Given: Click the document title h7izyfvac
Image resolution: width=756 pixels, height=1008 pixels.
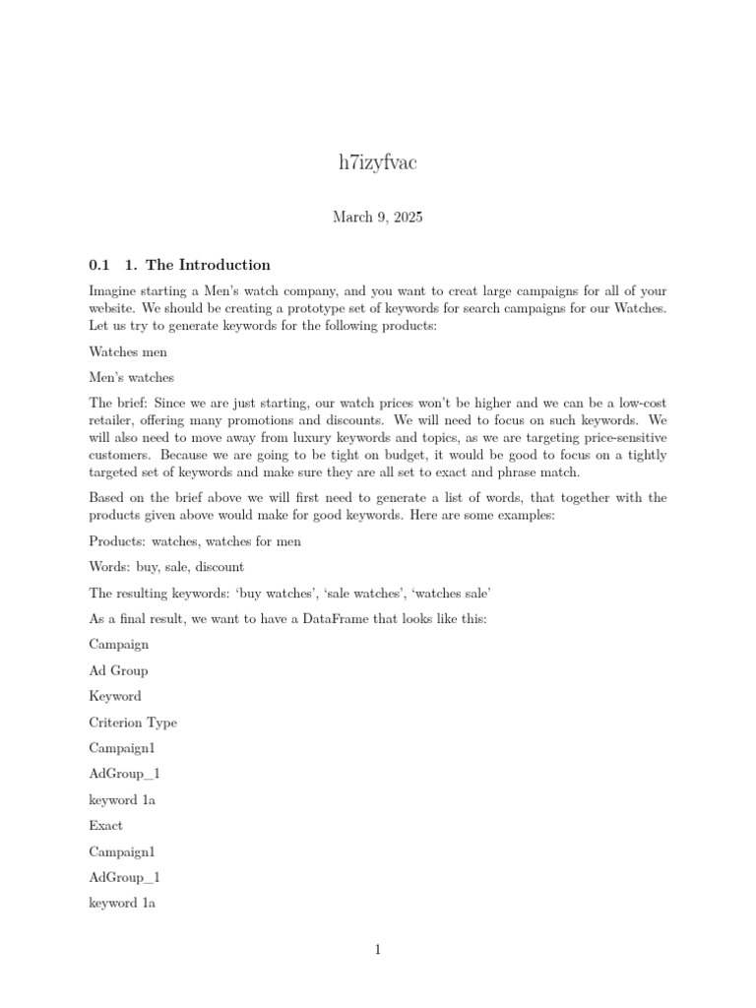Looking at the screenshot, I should coord(377,163).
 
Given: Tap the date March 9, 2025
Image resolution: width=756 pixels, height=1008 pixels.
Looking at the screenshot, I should coord(377,217).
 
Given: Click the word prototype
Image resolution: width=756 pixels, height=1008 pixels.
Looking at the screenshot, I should coord(304,308).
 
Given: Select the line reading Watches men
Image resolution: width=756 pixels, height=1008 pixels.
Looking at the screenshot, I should coord(128,351).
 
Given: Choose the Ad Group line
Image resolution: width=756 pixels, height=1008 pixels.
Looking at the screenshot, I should coord(118,670).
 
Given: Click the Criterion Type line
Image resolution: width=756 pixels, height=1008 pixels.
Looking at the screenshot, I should coord(133,723).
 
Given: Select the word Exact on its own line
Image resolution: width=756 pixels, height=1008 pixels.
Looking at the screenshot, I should coord(106,825).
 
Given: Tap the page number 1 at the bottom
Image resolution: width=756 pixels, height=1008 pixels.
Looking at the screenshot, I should coord(377,950).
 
